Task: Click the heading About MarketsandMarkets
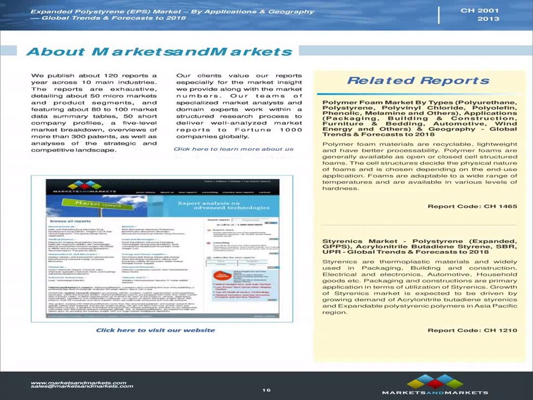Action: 159,52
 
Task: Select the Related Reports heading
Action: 418,81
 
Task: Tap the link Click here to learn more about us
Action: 233,149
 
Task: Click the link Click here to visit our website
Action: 155,330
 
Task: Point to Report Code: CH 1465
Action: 472,206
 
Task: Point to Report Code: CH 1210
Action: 472,330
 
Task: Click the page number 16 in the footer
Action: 266,390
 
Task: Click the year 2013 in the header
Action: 487,19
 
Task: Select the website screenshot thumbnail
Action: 162,248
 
